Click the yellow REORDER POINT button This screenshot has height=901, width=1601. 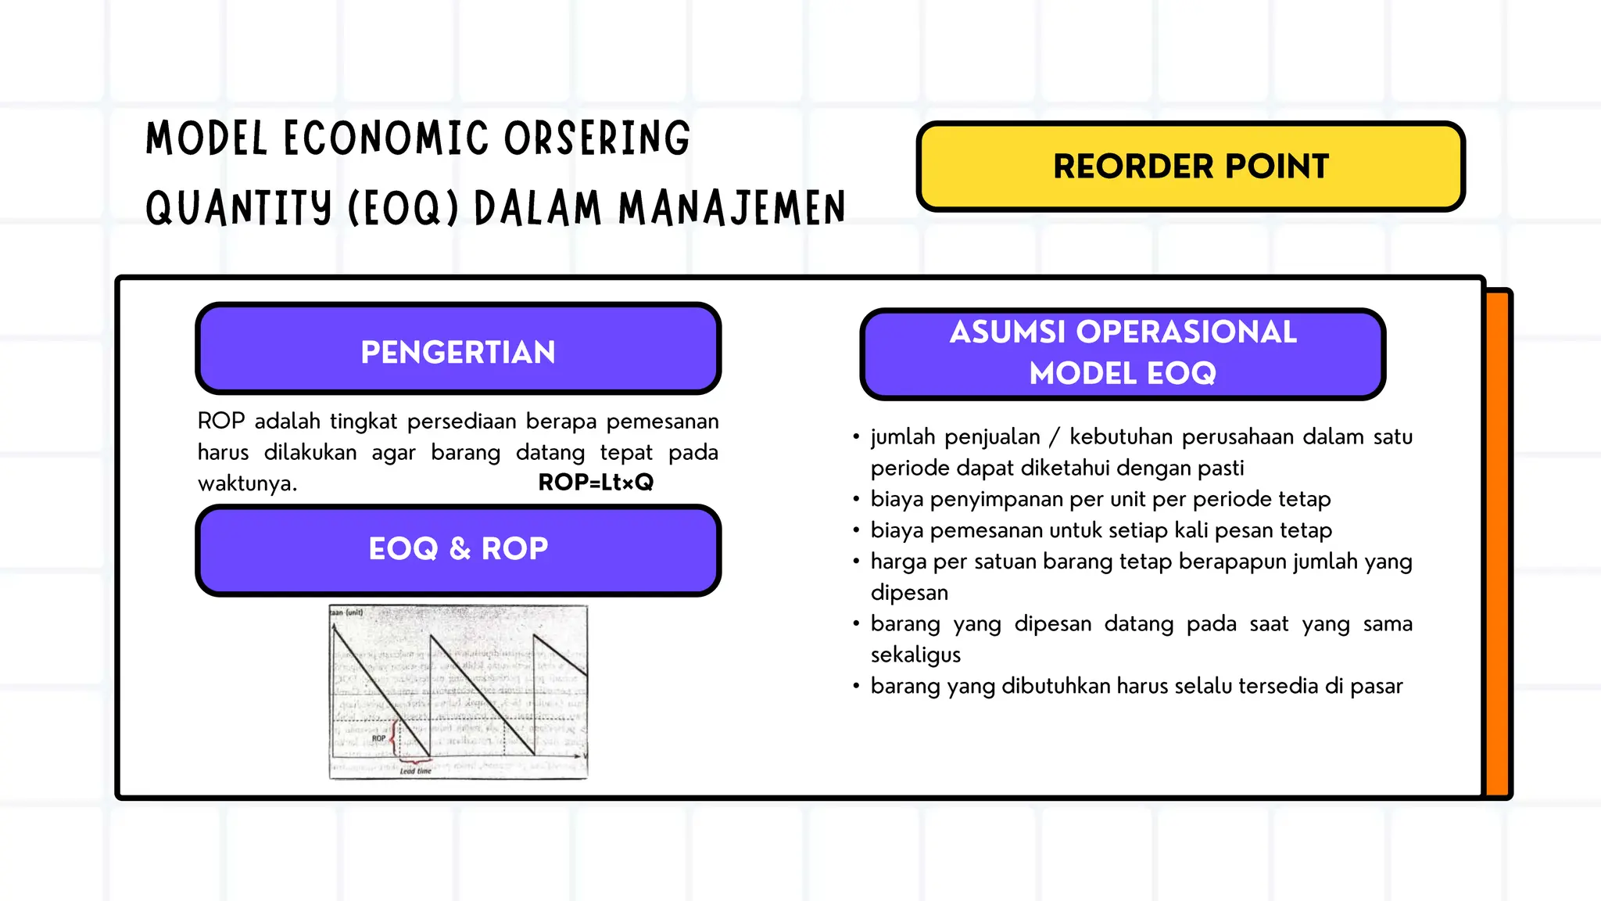coord(1190,166)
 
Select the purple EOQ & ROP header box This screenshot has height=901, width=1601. coord(458,549)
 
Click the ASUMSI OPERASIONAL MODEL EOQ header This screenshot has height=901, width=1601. coord(1123,354)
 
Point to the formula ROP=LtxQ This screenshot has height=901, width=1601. coord(596,483)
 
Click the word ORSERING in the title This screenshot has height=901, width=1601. coord(596,138)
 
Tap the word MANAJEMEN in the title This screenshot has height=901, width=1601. coord(732,209)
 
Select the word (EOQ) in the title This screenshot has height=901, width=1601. coord(403,209)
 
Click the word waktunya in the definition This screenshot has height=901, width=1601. coord(247,483)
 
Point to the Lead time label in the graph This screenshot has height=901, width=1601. coord(415,771)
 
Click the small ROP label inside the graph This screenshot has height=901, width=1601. coord(378,738)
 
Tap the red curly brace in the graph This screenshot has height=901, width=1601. coord(394,737)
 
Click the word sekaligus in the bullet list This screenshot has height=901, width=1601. coord(915,655)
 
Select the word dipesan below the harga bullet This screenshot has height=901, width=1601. coord(909,592)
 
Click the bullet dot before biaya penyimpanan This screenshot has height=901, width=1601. coord(856,499)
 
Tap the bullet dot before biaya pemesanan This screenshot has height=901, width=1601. coord(856,530)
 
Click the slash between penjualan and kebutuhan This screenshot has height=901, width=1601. coord(1055,436)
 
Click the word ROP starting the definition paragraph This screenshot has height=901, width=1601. coord(221,421)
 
